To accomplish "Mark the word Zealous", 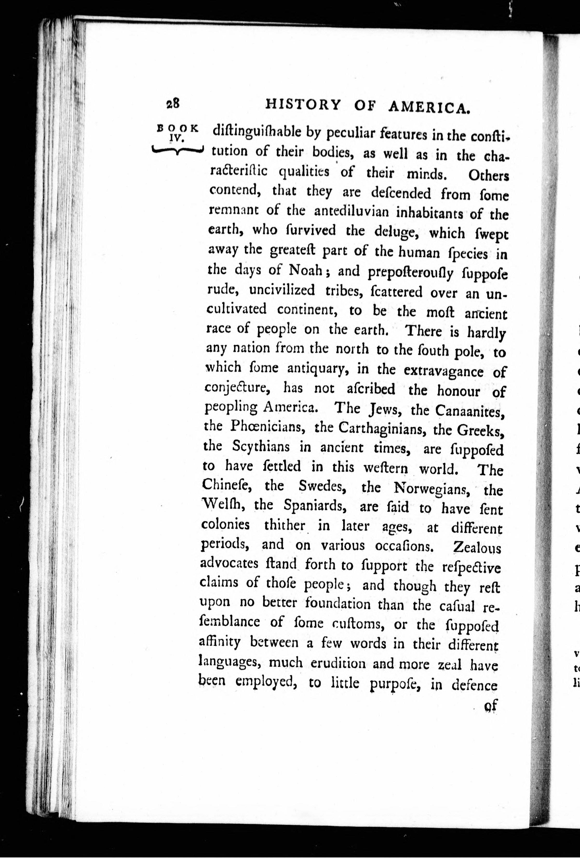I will click(477, 548).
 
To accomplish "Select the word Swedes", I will click(322, 487).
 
